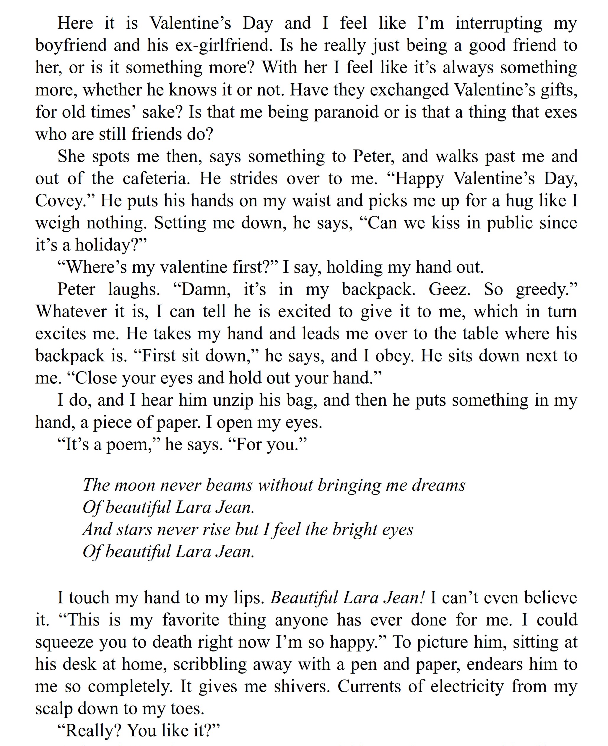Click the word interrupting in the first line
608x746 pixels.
click(x=498, y=23)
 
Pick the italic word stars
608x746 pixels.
click(x=134, y=529)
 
